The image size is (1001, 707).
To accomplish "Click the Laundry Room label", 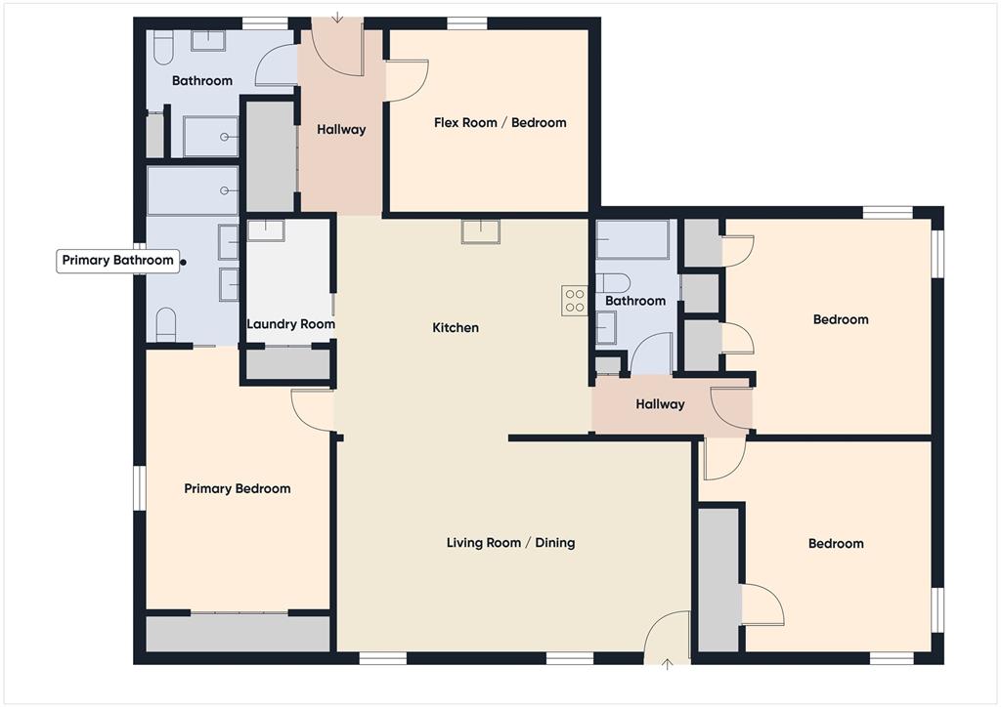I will [x=290, y=324].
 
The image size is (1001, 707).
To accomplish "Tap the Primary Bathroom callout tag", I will [x=117, y=261].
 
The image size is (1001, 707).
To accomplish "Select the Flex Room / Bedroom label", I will [x=500, y=123].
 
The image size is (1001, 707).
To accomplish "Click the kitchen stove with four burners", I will [x=574, y=300].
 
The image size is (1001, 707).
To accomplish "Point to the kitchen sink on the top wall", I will [x=480, y=231].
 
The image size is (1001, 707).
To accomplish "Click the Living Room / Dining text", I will [x=510, y=543].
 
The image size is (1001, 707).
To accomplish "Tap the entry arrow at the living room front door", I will [x=669, y=665].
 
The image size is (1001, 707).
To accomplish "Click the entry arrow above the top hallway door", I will [x=337, y=17].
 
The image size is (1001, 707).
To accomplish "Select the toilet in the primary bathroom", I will [x=166, y=323].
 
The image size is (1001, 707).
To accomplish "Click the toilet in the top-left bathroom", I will [x=163, y=45].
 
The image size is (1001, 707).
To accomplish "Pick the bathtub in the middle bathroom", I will [x=632, y=240].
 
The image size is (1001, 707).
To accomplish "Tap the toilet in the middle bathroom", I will [x=614, y=283].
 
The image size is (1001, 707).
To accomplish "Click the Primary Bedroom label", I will [x=237, y=488].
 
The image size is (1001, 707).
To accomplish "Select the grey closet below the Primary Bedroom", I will [x=238, y=634].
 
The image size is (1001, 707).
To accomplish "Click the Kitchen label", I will [x=456, y=328].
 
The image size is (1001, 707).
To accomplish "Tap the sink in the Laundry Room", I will [x=265, y=231].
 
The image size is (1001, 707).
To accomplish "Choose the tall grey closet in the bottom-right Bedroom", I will [x=718, y=579].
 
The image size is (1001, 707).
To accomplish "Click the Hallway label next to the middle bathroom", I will [x=660, y=404].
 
